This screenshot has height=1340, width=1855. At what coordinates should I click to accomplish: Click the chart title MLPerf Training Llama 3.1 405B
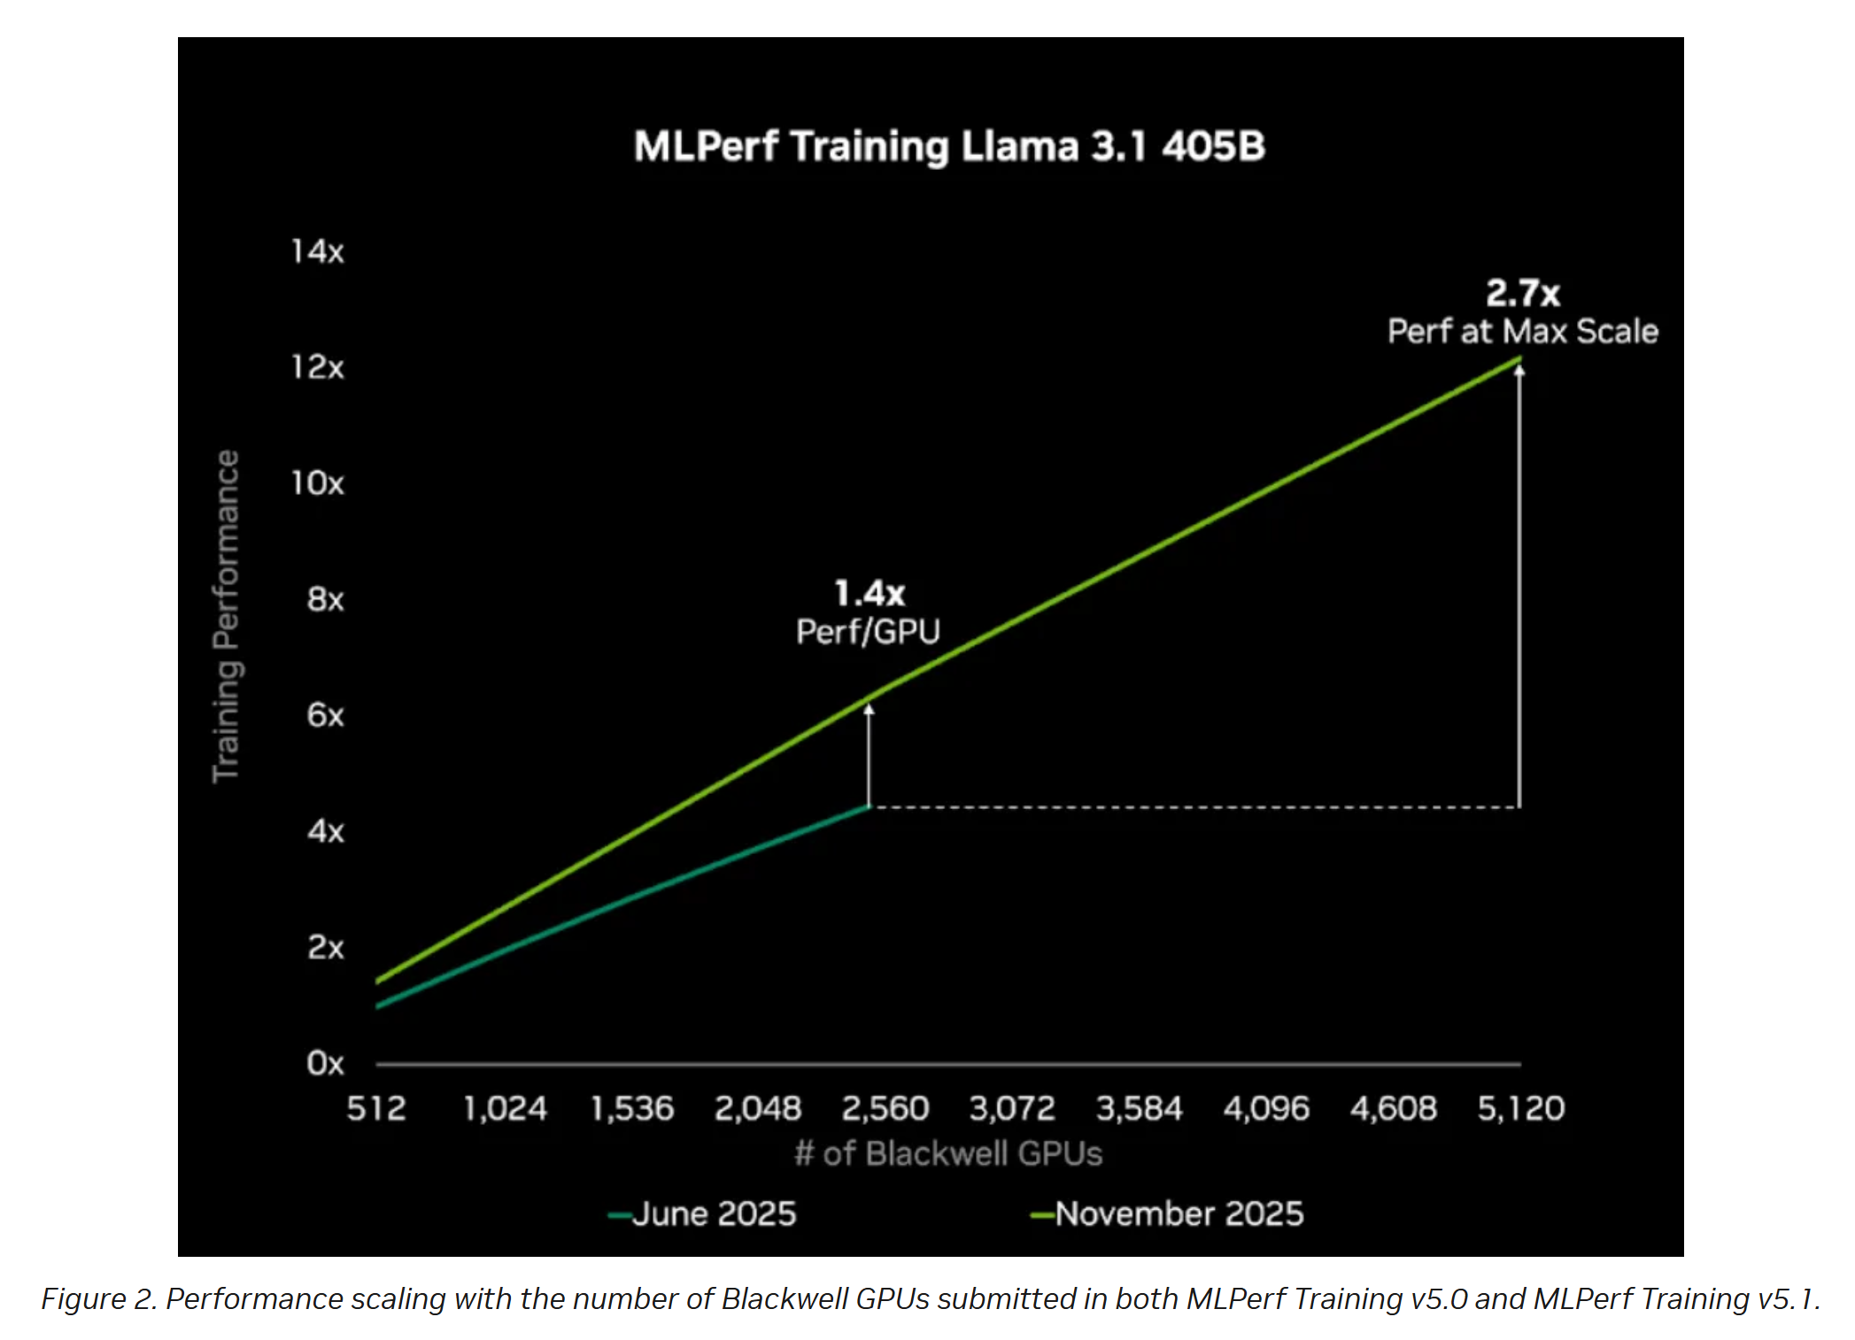pos(949,147)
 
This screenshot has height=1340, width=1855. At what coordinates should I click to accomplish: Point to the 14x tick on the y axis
pos(317,251)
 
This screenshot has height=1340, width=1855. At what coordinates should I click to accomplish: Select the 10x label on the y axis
pos(317,483)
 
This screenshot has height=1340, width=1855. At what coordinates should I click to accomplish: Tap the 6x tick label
pos(325,715)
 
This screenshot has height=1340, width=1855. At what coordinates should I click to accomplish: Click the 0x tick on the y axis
pos(325,1063)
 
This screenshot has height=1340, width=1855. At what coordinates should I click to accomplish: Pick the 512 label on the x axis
pos(376,1109)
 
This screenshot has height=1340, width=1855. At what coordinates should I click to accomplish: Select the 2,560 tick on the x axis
pos(885,1109)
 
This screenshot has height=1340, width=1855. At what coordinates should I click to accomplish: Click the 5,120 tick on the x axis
pos(1520,1109)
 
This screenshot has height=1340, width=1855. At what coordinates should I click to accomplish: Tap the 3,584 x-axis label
pos(1139,1109)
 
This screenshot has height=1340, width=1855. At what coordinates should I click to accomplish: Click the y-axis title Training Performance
pos(227,616)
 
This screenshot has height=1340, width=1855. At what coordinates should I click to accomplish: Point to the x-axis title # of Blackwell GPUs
pos(948,1154)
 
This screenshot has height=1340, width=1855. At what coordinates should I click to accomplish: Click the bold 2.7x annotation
pos(1522,293)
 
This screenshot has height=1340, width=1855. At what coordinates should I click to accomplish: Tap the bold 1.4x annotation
pos(870,593)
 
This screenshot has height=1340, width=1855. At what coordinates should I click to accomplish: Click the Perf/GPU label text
pos(868,632)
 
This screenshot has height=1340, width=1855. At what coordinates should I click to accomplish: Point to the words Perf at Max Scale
pos(1522,332)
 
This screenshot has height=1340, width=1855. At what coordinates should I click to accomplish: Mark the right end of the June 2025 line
pos(869,807)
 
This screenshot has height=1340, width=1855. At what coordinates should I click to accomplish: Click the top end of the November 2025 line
pos(1519,358)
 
